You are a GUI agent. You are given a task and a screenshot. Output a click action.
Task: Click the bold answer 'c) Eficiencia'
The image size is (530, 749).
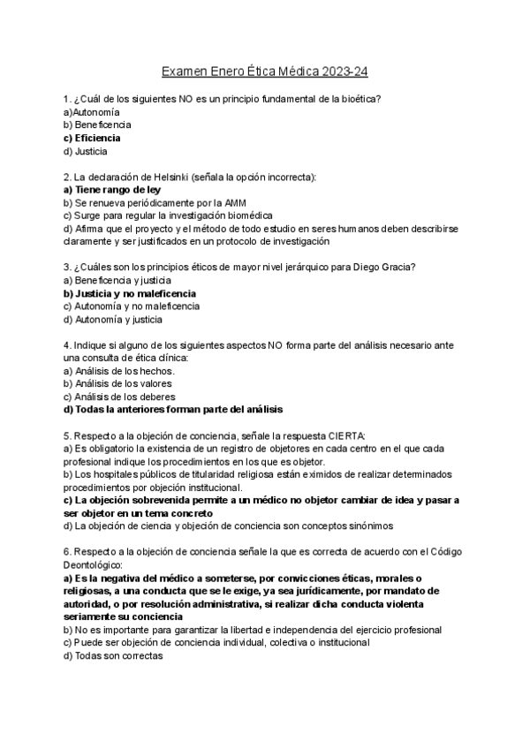tap(92, 138)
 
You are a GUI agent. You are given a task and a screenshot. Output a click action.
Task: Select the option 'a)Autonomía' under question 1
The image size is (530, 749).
tap(92, 112)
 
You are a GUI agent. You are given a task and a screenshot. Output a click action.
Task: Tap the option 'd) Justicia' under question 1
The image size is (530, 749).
tap(86, 151)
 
